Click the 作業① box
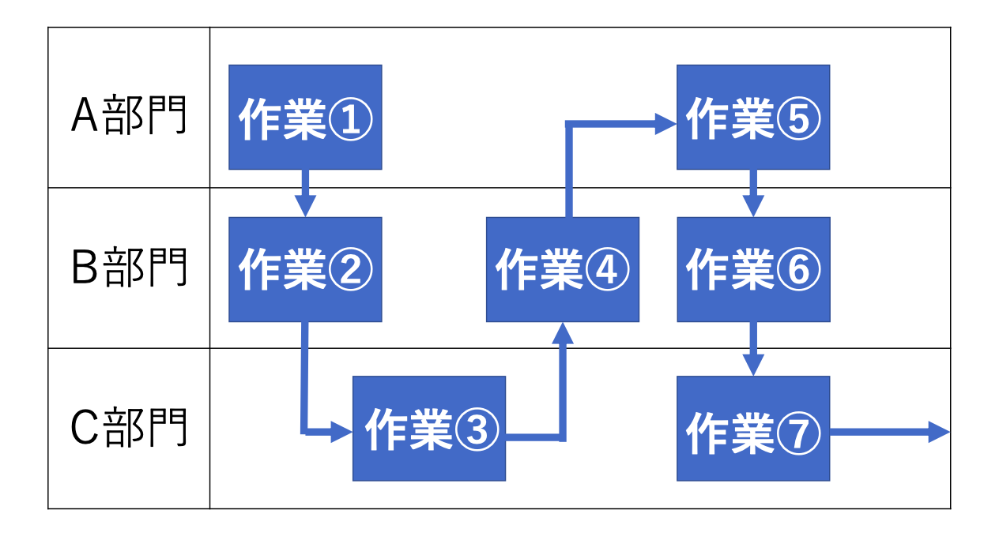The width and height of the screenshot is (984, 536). click(305, 117)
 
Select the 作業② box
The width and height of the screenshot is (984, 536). click(305, 269)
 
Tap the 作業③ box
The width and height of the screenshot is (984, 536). click(428, 429)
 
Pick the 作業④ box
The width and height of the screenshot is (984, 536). click(562, 269)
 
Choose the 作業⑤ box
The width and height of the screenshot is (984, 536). click(753, 117)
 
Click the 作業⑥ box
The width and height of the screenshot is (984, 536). click(753, 269)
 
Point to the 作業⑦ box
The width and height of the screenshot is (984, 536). click(753, 429)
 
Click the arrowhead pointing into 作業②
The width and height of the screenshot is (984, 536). click(305, 205)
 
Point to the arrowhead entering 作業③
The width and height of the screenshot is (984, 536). click(341, 432)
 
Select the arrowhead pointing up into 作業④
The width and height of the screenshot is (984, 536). click(562, 332)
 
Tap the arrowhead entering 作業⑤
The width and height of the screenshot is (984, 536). click(665, 123)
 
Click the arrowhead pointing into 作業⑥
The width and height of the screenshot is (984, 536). click(752, 205)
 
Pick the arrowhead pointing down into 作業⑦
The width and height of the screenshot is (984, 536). click(752, 365)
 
